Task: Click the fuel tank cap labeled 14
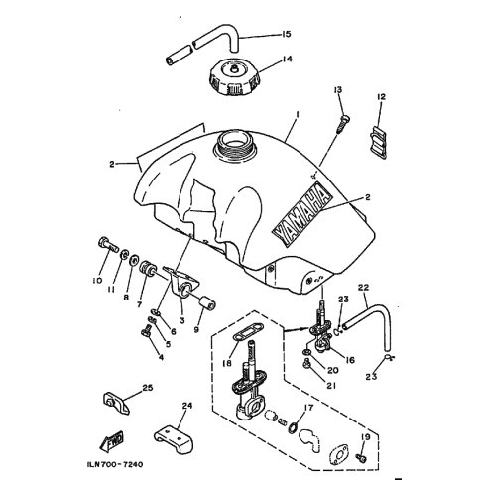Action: (234, 76)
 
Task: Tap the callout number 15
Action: (286, 34)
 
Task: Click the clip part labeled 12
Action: (378, 143)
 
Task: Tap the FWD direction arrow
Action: (112, 441)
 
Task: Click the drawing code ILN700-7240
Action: (115, 464)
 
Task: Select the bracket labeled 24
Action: (174, 439)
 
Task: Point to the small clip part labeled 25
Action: (116, 403)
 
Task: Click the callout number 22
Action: (363, 288)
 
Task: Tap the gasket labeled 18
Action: (248, 336)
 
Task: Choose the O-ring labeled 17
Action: (294, 427)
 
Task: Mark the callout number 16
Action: (349, 360)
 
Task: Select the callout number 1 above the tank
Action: (298, 114)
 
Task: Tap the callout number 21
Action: (331, 386)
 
